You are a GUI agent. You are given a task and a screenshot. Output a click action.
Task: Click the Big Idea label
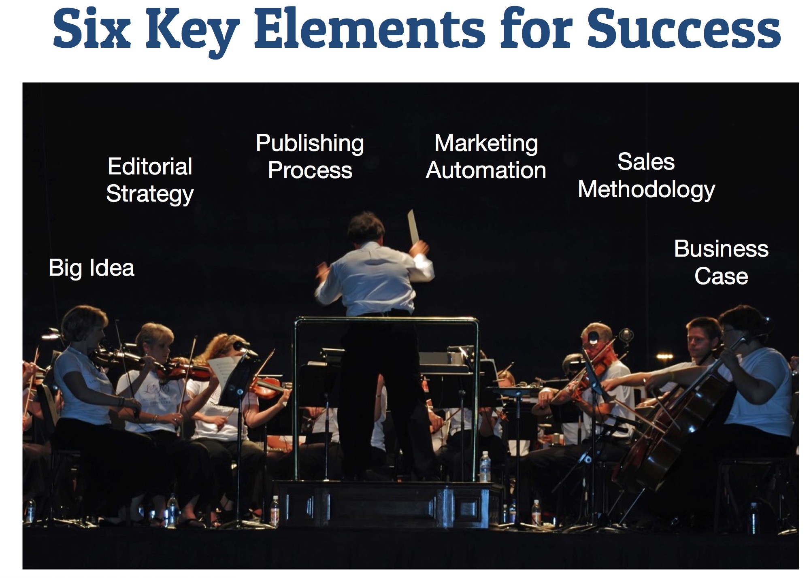92,268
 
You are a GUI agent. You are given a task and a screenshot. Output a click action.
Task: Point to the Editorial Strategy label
150,181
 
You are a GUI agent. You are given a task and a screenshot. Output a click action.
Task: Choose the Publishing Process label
310,157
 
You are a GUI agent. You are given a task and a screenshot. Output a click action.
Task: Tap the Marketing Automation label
486,157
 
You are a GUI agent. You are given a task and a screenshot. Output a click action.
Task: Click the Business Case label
721,262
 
